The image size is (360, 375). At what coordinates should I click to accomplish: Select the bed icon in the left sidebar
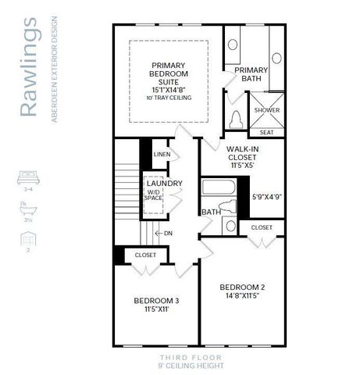(27, 178)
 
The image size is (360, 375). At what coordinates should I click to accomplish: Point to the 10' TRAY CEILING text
(169, 100)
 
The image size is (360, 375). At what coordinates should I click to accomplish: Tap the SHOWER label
(266, 110)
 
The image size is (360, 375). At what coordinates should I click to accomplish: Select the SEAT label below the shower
(266, 132)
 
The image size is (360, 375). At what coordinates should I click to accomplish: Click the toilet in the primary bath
(237, 120)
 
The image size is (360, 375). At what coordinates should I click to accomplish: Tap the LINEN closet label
(162, 154)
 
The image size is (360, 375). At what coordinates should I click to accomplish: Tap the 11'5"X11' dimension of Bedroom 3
(156, 309)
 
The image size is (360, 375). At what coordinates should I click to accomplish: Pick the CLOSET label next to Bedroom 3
(145, 255)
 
